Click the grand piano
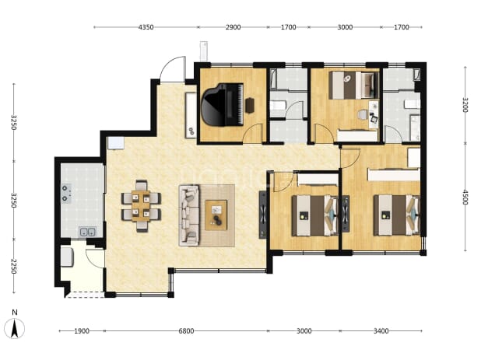[223, 105]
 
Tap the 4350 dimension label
[146, 27]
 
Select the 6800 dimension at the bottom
[186, 331]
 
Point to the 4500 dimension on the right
[465, 197]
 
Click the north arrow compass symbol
[15, 328]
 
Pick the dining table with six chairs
[141, 205]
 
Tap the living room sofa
[189, 215]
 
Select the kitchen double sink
[87, 232]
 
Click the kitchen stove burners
[66, 194]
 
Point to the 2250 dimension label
[13, 266]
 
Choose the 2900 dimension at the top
[233, 27]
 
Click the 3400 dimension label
[381, 331]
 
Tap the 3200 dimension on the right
[465, 105]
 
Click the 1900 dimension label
[82, 331]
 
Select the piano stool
[250, 105]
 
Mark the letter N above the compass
[15, 313]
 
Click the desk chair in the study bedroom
[363, 114]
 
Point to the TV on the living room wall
[263, 215]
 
